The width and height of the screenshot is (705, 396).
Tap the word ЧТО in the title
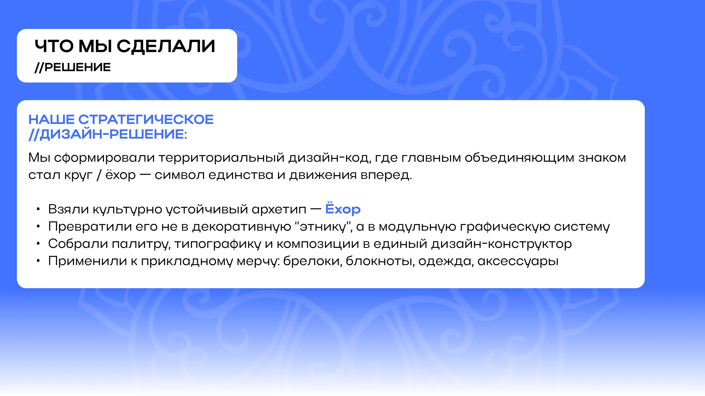54,46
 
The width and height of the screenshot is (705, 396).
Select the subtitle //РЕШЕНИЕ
73,67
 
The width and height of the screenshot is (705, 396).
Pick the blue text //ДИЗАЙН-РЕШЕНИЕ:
108,134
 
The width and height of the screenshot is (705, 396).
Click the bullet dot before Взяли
38,210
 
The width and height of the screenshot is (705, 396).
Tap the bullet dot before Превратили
38,227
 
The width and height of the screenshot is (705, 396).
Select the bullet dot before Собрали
38,244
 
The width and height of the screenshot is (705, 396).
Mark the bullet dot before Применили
38,261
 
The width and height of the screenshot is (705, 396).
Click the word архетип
279,210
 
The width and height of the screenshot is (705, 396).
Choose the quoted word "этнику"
323,227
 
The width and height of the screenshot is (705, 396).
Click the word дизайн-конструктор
501,244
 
